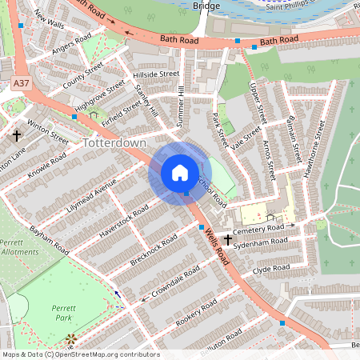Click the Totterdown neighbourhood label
pos(114,142)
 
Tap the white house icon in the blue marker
pos(180,173)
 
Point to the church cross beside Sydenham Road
pos(228,240)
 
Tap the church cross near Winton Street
pos(16,136)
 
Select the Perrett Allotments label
pos(18,246)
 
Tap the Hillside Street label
pos(158,74)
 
